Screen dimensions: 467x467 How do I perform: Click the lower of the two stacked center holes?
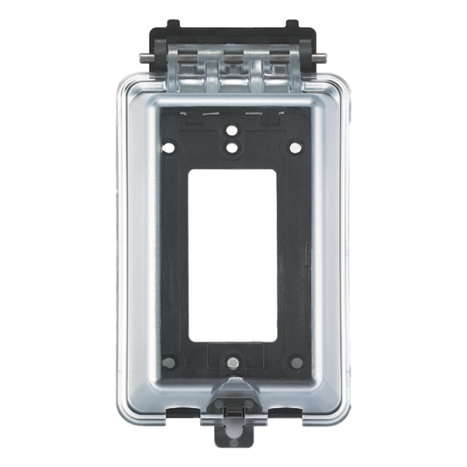point(233,146)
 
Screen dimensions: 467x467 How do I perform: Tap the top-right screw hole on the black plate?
point(294,146)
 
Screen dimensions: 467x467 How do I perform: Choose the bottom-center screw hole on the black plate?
point(233,361)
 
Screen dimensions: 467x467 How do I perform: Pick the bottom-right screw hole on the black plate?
point(294,361)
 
